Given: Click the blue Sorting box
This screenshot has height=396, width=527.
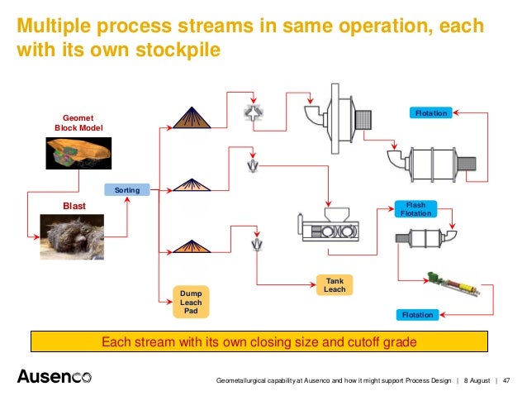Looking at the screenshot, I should coord(126,190).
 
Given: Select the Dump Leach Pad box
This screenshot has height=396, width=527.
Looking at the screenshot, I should coord(191,302).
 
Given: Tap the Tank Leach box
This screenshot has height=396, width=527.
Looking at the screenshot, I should coord(335,285).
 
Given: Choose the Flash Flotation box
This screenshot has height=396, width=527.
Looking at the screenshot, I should coord(415,209).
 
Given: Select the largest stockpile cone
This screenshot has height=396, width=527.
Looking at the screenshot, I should coord(192,115).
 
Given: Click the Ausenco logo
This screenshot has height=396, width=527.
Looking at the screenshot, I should coord(55,377).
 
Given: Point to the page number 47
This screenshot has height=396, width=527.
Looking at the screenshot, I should coord(507,380).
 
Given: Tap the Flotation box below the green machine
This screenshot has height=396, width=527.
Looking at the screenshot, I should coord(416,315).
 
